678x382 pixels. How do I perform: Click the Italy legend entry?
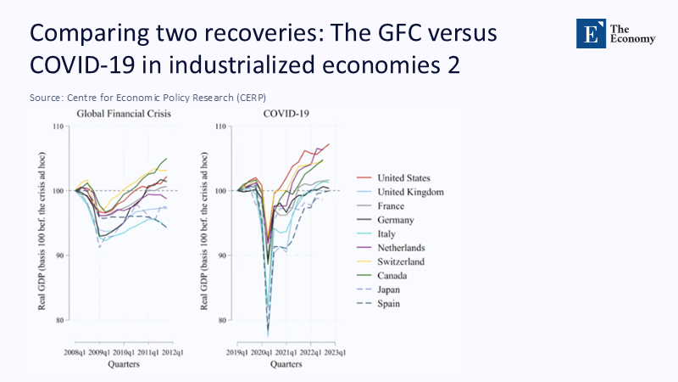tap(388, 233)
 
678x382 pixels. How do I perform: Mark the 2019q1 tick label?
tap(238, 351)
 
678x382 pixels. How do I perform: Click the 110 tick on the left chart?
tap(57, 126)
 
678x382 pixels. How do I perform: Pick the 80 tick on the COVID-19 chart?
tap(222, 320)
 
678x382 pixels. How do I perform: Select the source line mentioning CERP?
tap(153, 98)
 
